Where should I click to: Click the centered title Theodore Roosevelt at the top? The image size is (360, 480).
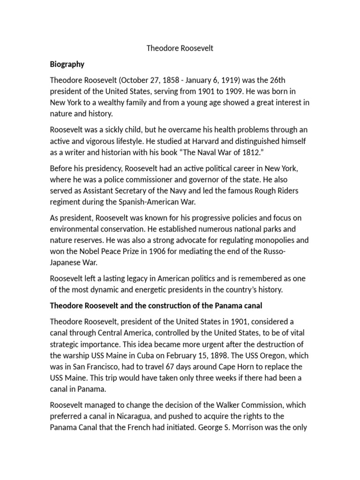(x=180, y=48)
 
